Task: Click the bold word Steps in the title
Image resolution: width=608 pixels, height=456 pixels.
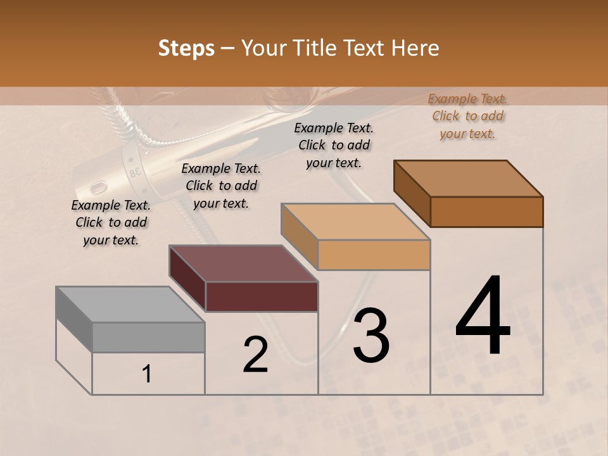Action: coord(186,48)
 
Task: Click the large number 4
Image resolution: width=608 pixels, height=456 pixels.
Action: coord(483,317)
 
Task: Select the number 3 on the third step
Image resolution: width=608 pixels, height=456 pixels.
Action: coord(371,336)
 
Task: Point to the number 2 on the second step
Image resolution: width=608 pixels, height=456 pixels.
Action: coord(255,355)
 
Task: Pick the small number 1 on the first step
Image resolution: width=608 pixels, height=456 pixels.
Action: coord(147,374)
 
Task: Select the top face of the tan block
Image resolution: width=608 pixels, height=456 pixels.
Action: coord(355,222)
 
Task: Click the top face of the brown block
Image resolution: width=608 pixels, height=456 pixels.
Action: coord(469,179)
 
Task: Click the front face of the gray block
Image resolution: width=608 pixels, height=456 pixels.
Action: coord(148,337)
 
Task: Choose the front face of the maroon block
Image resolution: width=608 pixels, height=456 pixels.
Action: coord(262,296)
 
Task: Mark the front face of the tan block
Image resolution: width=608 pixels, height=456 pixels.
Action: coord(374,255)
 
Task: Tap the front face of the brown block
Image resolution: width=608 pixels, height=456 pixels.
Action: coord(486,212)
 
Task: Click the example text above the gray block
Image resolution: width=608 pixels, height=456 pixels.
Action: coord(111,223)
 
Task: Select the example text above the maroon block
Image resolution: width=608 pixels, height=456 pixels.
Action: coord(221,186)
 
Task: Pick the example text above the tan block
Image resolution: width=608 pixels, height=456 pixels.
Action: coord(334,145)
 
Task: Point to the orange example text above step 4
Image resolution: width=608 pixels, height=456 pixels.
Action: coord(467,117)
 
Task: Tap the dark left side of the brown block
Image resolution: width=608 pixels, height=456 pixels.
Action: coord(412,193)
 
